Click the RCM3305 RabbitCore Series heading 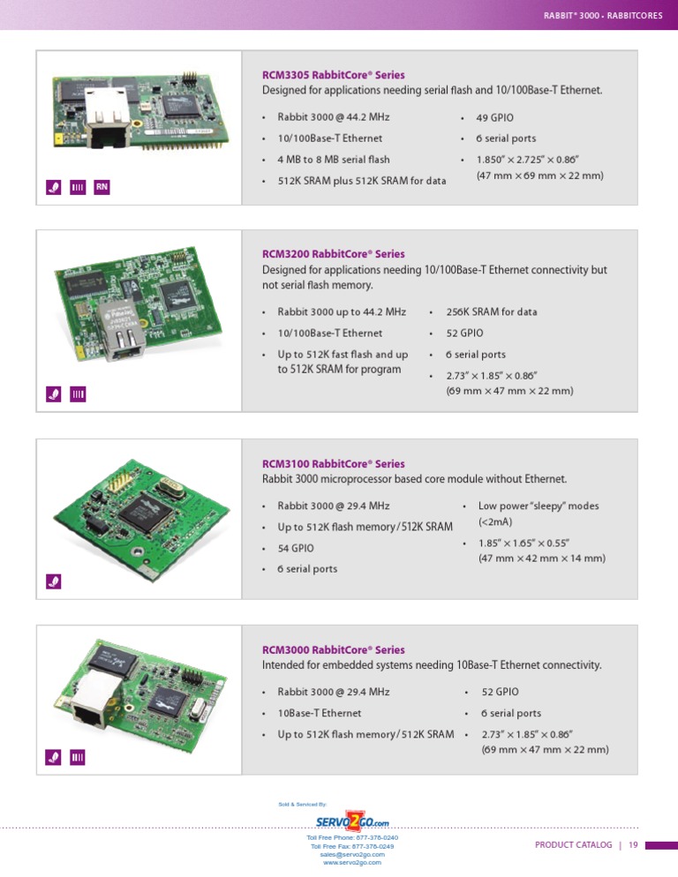(333, 75)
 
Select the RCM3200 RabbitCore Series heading (333, 254)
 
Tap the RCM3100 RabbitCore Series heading (333, 464)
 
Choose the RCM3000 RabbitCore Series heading (333, 650)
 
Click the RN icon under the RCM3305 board (102, 187)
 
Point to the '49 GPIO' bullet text (494, 117)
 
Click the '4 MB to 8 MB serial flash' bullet (333, 160)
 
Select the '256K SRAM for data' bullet (491, 312)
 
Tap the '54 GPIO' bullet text (296, 548)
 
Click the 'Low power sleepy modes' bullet (538, 506)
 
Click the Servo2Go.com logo (352, 821)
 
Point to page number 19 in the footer (633, 845)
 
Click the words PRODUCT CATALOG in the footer (573, 845)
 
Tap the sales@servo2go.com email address (352, 854)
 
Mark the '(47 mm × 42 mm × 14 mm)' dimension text (541, 558)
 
